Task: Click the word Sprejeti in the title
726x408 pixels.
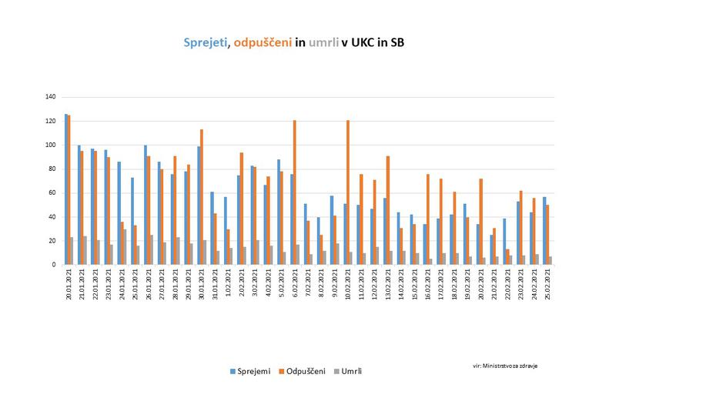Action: pyautogui.click(x=206, y=43)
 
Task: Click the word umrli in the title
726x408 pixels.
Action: pyautogui.click(x=323, y=43)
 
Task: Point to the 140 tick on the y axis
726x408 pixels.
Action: pyautogui.click(x=51, y=97)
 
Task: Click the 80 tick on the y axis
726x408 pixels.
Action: pyautogui.click(x=52, y=169)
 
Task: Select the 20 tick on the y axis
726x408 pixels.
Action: pyautogui.click(x=52, y=240)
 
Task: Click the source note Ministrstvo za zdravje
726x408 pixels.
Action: pyautogui.click(x=505, y=366)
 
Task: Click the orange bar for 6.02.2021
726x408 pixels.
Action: pyautogui.click(x=295, y=192)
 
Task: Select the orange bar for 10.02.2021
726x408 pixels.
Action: pyautogui.click(x=349, y=192)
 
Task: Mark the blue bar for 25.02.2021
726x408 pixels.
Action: pyautogui.click(x=544, y=230)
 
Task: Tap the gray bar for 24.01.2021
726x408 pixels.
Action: pyautogui.click(x=124, y=246)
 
